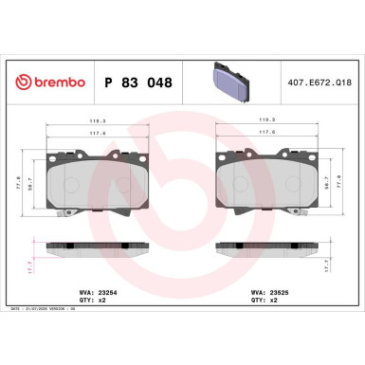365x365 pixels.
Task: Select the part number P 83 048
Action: click(x=137, y=83)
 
